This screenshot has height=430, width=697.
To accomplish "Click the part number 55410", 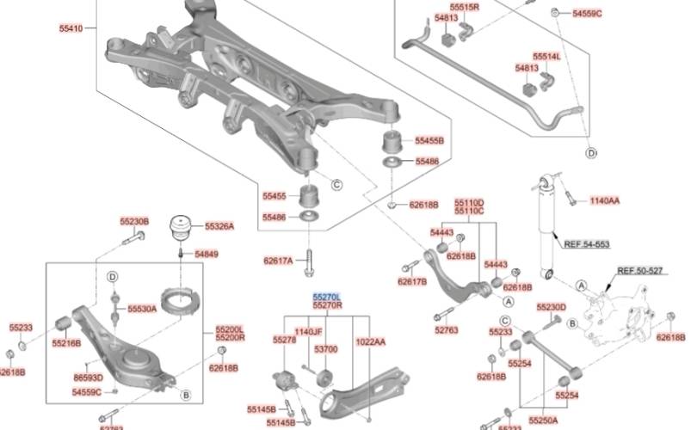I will click(x=71, y=28).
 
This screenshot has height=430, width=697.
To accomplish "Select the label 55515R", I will click(x=465, y=7).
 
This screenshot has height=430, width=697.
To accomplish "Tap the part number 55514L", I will click(x=546, y=56).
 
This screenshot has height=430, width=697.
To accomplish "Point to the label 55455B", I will click(x=429, y=140).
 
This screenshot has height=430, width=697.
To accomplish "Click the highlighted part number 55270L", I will click(x=327, y=295).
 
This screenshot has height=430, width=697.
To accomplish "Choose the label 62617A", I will click(x=278, y=260).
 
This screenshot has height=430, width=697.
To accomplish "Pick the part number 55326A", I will click(x=219, y=226).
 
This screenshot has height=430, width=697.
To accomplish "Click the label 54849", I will click(x=207, y=255).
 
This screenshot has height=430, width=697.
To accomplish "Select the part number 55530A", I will click(x=142, y=308).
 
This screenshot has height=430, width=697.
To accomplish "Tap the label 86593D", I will click(x=88, y=378).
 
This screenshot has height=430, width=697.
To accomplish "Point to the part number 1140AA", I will click(x=604, y=200).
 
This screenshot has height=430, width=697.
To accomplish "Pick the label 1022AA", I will click(x=370, y=341).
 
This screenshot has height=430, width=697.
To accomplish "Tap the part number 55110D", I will click(x=469, y=202).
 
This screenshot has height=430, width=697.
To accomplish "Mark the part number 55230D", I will click(x=551, y=307).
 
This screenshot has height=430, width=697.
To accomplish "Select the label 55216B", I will click(x=65, y=343).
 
